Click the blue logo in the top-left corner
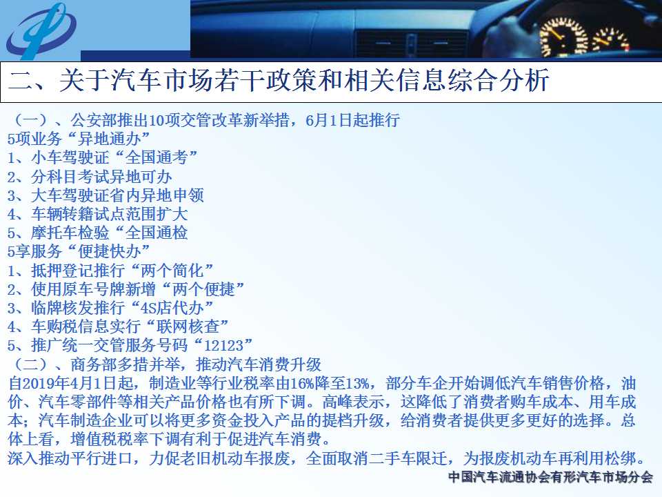point(41,31)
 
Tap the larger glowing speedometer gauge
point(563,37)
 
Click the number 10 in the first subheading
point(157,120)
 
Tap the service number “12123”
point(223,346)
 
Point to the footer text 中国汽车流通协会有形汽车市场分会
point(550,477)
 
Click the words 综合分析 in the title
point(499,80)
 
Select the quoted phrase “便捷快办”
point(110,251)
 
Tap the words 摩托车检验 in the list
point(70,233)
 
